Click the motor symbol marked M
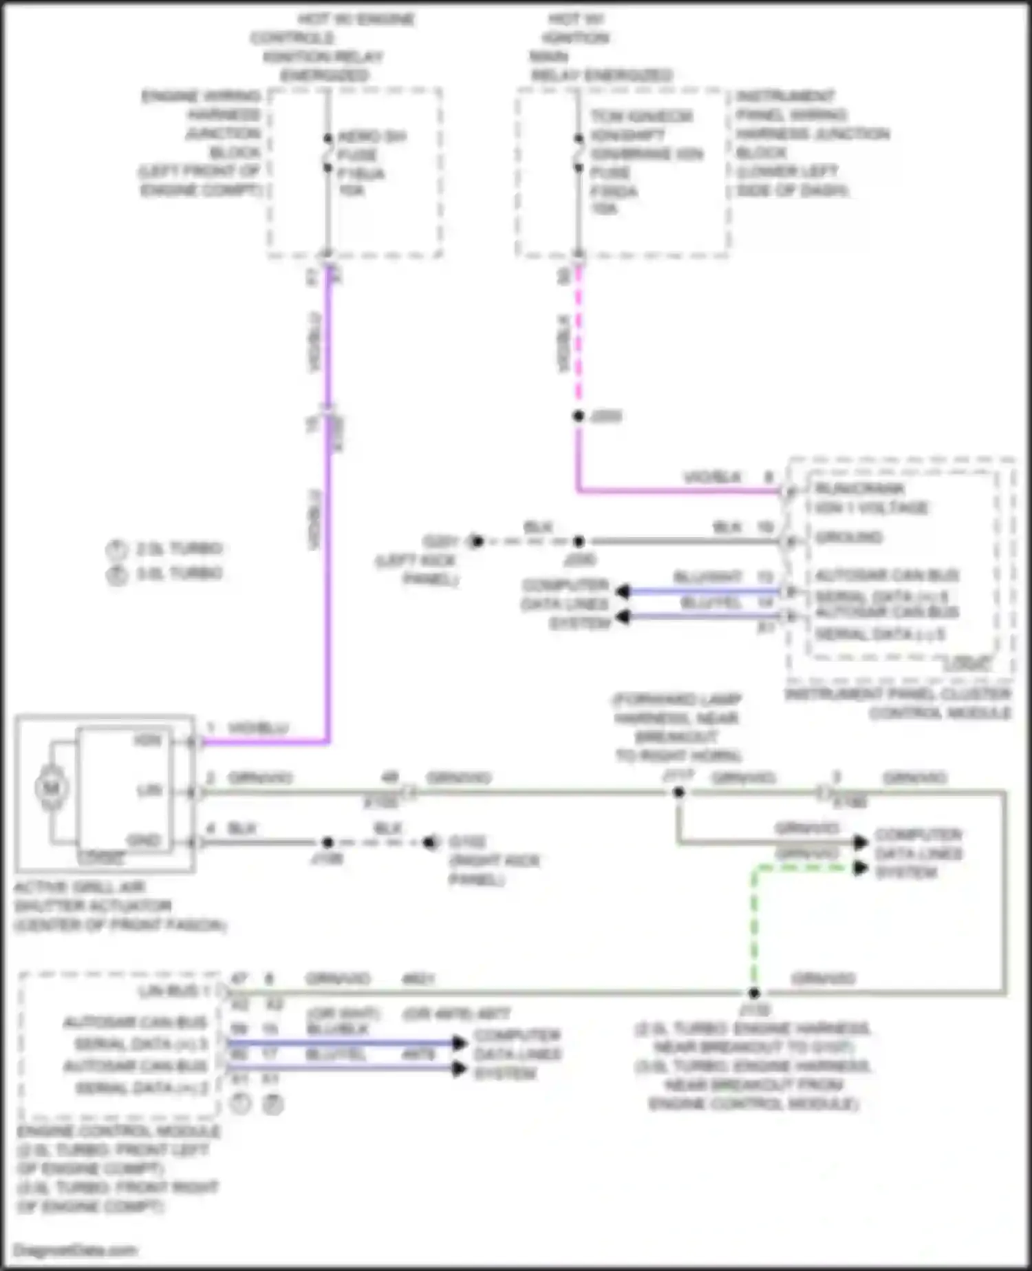[52, 788]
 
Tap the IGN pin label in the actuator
[148, 741]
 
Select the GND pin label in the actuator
[144, 841]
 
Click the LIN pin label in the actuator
[149, 790]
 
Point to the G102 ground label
[467, 842]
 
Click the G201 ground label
[441, 541]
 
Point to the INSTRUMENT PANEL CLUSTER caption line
[898, 694]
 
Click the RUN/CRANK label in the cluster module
[860, 489]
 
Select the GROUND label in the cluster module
[849, 537]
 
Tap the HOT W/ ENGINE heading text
[356, 19]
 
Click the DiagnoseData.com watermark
[75, 1250]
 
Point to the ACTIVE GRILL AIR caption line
[80, 887]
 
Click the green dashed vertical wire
[754, 929]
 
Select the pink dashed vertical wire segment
[579, 337]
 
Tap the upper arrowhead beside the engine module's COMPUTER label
[459, 1043]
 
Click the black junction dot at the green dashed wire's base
[754, 993]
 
